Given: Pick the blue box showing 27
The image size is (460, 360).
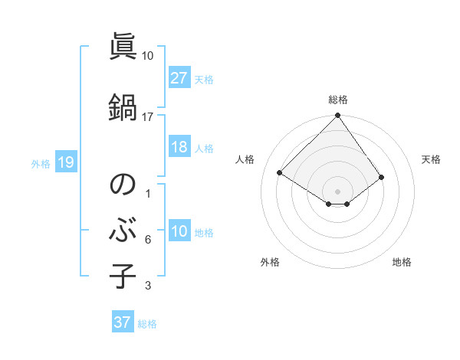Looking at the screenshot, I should pos(179,78).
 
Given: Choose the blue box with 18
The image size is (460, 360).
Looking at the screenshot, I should pos(179,148).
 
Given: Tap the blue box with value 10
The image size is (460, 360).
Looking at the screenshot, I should pos(179,232).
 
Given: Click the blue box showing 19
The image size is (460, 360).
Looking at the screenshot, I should pos(65,162).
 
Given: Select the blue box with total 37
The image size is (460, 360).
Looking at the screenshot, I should pos(122,322).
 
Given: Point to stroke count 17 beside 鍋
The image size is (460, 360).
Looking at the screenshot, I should pos(148,117).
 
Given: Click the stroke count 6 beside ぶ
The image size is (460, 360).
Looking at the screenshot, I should pos(148,240).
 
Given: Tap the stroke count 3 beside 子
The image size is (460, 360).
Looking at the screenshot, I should pos(148,286).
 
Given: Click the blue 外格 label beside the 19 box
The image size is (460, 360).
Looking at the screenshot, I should pos(41,163).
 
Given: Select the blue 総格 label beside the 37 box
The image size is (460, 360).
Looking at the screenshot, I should pos(147,323).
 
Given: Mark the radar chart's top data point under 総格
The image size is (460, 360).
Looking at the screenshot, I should pos(337,116).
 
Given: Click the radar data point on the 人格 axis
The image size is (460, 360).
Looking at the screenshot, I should pos(280,173).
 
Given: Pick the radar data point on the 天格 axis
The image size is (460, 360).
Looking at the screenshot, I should pos(382,177).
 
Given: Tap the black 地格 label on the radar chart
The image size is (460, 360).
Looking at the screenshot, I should pos(402,262).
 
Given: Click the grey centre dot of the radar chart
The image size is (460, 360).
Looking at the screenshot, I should pos(337,191).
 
